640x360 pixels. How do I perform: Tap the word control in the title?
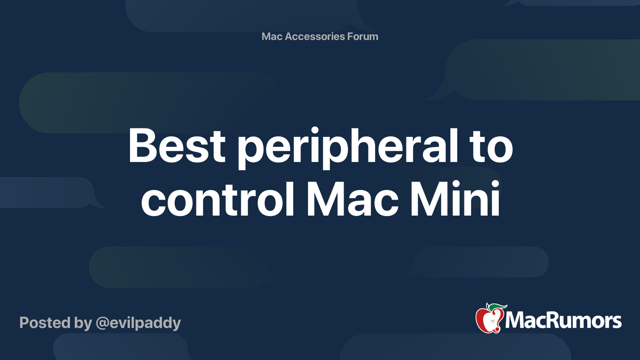click(218, 199)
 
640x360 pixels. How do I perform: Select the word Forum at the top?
click(362, 36)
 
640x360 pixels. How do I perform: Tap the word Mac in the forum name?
click(272, 36)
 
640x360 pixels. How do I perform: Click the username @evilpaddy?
click(138, 323)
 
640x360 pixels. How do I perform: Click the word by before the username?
click(83, 323)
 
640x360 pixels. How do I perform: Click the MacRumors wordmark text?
click(563, 320)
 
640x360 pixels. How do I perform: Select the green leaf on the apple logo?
click(496, 306)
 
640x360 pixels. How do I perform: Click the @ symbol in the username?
click(102, 323)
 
